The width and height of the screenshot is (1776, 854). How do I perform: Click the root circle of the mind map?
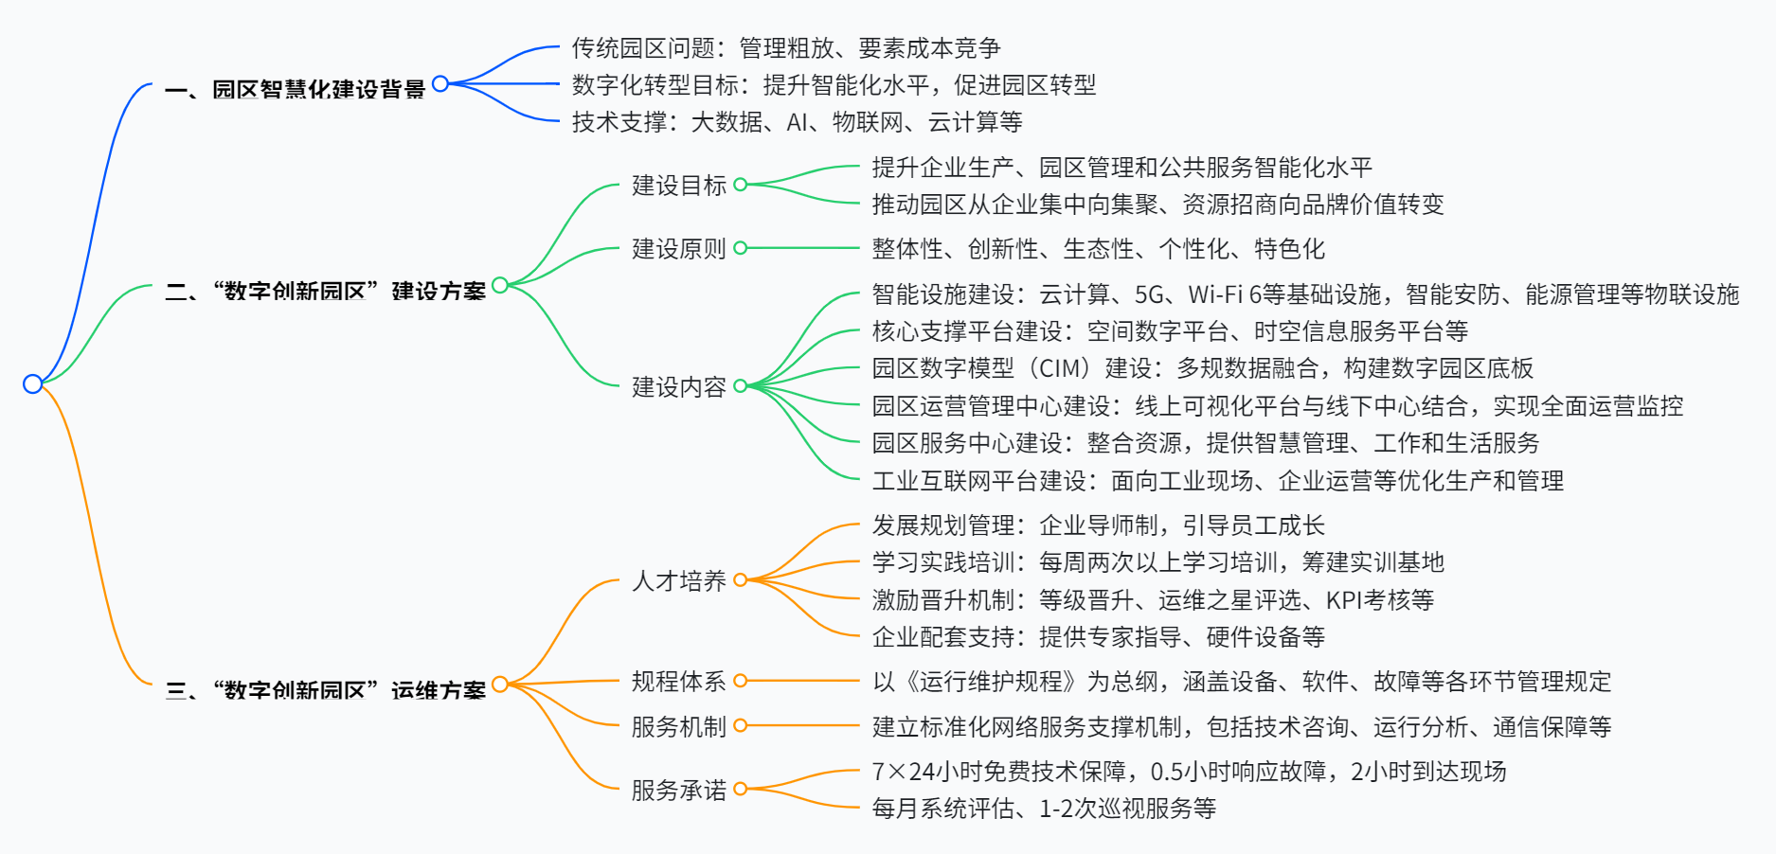point(32,383)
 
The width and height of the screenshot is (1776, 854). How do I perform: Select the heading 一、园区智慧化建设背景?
point(295,90)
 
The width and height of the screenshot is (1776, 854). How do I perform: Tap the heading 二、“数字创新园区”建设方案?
point(325,291)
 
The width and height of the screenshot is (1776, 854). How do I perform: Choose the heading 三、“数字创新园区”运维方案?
point(325,690)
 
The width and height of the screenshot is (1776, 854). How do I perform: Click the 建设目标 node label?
point(678,186)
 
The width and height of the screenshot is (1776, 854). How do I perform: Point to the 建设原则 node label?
point(678,249)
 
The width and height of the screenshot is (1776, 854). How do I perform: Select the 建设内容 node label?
point(678,387)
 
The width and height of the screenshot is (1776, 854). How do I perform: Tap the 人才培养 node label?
point(678,581)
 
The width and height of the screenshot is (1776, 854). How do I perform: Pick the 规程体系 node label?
point(678,682)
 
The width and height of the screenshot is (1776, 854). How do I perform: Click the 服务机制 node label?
point(678,727)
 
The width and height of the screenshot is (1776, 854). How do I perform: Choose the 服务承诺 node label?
point(678,791)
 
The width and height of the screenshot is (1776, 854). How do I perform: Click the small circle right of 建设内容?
point(741,385)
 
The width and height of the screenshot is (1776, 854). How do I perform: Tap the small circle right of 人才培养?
point(741,579)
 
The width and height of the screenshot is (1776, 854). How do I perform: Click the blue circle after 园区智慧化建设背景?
point(440,83)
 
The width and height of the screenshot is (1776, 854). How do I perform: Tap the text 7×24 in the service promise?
point(904,772)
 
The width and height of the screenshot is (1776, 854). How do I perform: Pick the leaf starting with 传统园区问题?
point(785,48)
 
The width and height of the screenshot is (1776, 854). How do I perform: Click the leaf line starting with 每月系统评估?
point(1043,809)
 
